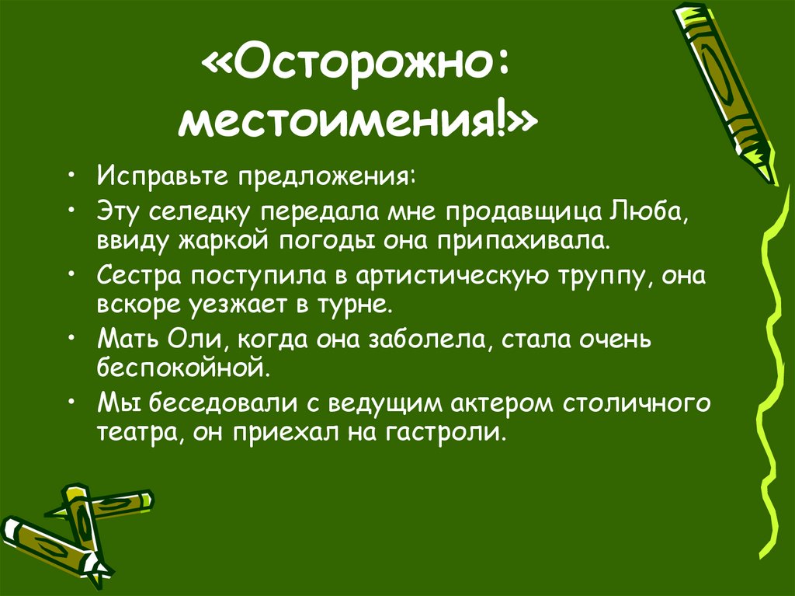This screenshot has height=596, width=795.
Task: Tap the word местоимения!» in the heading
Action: click(356, 124)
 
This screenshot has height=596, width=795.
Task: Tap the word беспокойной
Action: click(183, 368)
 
